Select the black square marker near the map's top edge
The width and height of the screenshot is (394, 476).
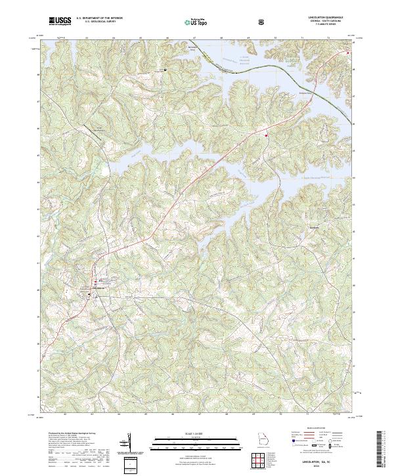165,69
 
